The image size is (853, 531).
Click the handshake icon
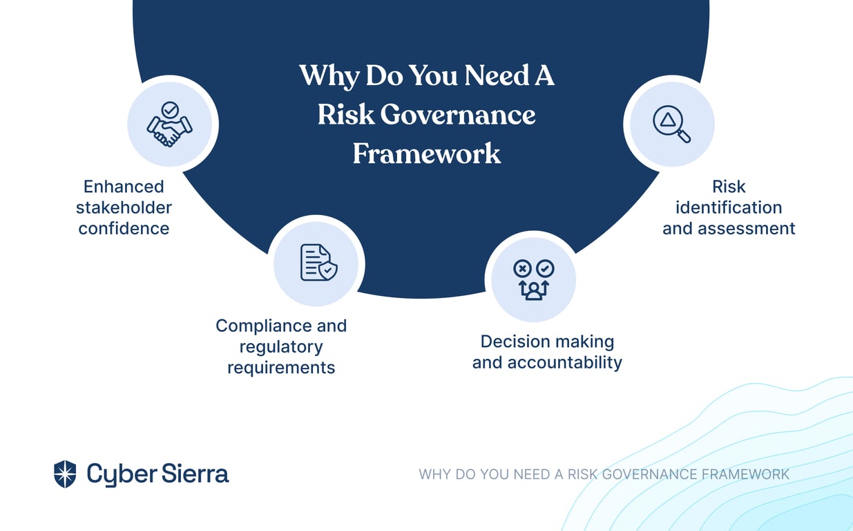pos(169,124)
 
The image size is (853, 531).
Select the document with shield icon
pos(318,263)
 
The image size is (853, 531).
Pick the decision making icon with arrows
pos(533,280)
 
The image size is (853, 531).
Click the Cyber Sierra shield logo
pos(65,474)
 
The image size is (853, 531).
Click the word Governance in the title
pos(458,115)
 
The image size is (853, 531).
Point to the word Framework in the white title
pos(427,153)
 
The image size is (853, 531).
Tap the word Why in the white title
pos(329,76)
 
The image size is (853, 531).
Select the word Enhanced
pos(124,187)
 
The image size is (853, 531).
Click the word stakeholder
pos(124,207)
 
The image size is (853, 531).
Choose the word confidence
pos(124,229)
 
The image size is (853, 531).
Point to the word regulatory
pos(281,347)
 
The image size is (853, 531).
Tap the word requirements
pos(281,368)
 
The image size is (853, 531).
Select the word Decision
pos(510,342)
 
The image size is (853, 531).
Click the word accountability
pos(565,363)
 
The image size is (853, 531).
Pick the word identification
pos(729,207)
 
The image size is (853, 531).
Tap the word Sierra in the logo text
pos(195,474)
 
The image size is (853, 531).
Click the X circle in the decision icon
pos(522,269)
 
